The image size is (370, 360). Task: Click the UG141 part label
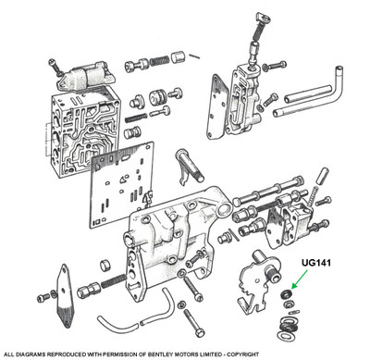click(x=316, y=263)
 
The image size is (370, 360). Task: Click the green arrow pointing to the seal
click(x=300, y=279)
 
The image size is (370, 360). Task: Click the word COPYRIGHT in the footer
click(x=243, y=354)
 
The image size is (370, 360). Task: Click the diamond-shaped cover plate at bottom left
click(x=66, y=295)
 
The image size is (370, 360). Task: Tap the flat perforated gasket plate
click(x=122, y=184)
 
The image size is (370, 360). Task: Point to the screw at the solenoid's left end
click(x=55, y=67)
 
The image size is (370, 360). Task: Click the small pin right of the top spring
click(x=194, y=56)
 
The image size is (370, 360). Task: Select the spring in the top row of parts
click(x=159, y=61)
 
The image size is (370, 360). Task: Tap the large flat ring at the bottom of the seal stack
click(x=284, y=336)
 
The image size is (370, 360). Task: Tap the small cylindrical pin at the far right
click(x=323, y=176)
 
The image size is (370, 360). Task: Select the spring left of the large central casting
click(x=113, y=280)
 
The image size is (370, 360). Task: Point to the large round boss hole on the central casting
click(x=224, y=210)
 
